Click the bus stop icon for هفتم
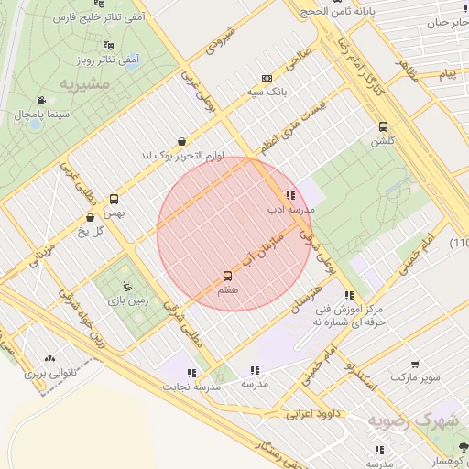pos(227,275)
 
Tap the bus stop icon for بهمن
pos(114,199)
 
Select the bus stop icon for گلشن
pos(382,127)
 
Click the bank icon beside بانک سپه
pos(267,79)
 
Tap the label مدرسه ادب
pos(290,209)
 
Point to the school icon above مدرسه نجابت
pos(191,373)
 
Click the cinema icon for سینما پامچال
pos(40,100)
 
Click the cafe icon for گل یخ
pos(90,217)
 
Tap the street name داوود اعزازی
pos(311,414)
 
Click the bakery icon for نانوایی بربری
pos(49,360)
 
